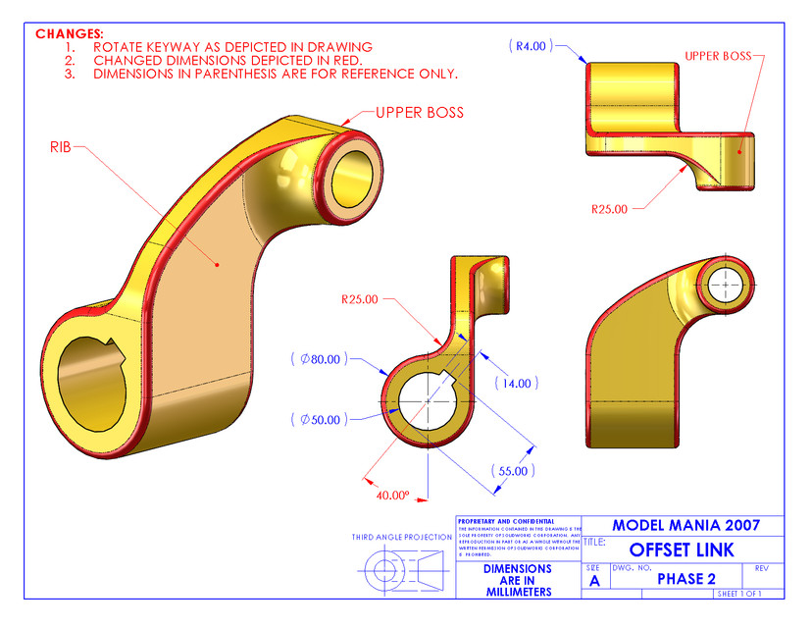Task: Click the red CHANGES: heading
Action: coord(70,33)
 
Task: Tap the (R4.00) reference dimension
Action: coord(532,45)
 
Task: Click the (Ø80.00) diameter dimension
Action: coord(319,359)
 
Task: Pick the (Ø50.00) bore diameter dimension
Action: coord(319,419)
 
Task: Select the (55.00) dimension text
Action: coord(513,471)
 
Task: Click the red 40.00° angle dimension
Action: coord(390,496)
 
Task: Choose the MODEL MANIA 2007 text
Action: coord(685,525)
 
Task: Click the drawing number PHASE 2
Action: coord(685,579)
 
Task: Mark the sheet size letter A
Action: coord(594,581)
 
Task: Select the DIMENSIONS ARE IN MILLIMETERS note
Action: coord(519,580)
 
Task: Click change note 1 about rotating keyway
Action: coord(232,46)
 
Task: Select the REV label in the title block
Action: coord(762,568)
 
